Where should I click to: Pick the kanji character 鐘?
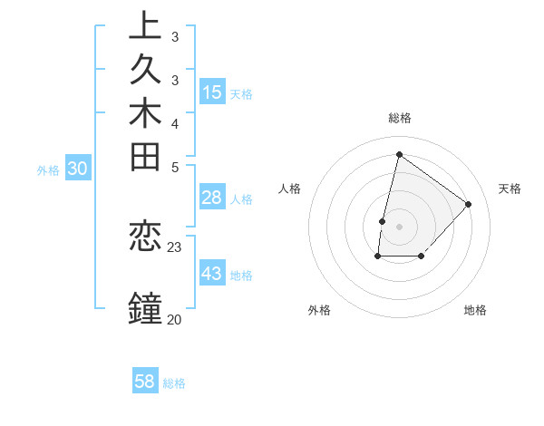coord(145,308)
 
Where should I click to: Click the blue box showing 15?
coord(212,92)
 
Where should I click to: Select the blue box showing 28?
coord(212,198)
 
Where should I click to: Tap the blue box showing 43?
coord(212,274)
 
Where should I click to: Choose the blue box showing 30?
coord(78,168)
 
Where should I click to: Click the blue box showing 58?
coord(145,382)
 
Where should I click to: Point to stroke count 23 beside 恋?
coord(175,247)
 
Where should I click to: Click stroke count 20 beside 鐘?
coord(174,318)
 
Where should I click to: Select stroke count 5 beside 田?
coord(174,167)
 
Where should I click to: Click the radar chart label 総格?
coord(400,118)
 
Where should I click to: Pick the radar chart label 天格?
coord(510,189)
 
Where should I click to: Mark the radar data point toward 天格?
coord(468,204)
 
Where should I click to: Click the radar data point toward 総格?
coord(399,154)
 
